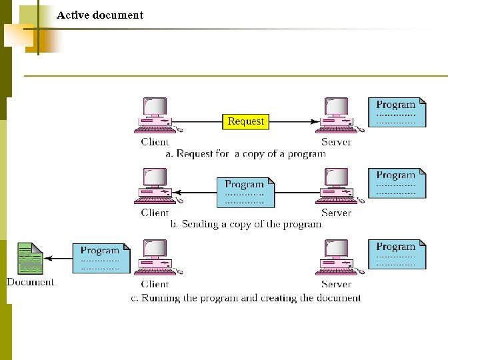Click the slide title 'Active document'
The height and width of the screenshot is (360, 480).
coord(100,15)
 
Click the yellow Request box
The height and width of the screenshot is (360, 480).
coord(245,121)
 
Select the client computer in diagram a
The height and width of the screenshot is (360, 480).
coord(155,116)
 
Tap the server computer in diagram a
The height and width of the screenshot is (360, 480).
coord(337,116)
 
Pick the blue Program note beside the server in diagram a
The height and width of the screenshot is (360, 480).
coord(397,113)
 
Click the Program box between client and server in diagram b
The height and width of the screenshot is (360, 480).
coord(245,192)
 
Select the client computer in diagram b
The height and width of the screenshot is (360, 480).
coord(155,187)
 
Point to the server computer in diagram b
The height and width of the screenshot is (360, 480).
coord(337,187)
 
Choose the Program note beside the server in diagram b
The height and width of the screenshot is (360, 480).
coord(397,183)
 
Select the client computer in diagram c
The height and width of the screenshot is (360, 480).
coord(155,258)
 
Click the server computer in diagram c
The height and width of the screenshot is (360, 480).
coord(337,258)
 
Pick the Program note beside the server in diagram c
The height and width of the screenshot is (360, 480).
coord(397,254)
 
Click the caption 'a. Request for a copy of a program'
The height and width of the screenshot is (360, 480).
coord(245,153)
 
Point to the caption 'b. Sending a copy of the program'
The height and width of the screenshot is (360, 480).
coord(245,224)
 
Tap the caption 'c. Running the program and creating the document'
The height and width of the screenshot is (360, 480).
coord(245,298)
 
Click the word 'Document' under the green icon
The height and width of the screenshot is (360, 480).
coord(31,282)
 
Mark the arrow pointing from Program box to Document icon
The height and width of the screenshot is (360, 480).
coord(58,259)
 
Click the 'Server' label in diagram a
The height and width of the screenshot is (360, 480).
coord(336,142)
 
